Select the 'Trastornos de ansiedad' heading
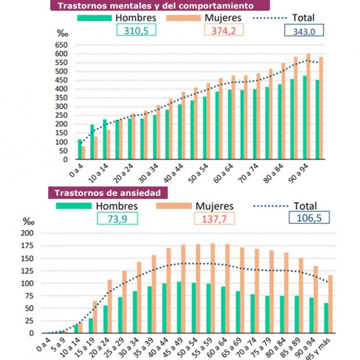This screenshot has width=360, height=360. pyautogui.click(x=107, y=193)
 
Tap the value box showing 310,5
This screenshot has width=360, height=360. pyautogui.click(x=137, y=31)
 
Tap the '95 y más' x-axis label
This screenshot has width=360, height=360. pyautogui.click(x=326, y=347)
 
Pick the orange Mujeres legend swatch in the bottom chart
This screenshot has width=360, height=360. pyautogui.click(x=172, y=205)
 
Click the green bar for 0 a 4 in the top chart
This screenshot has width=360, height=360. pyautogui.click(x=80, y=149)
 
